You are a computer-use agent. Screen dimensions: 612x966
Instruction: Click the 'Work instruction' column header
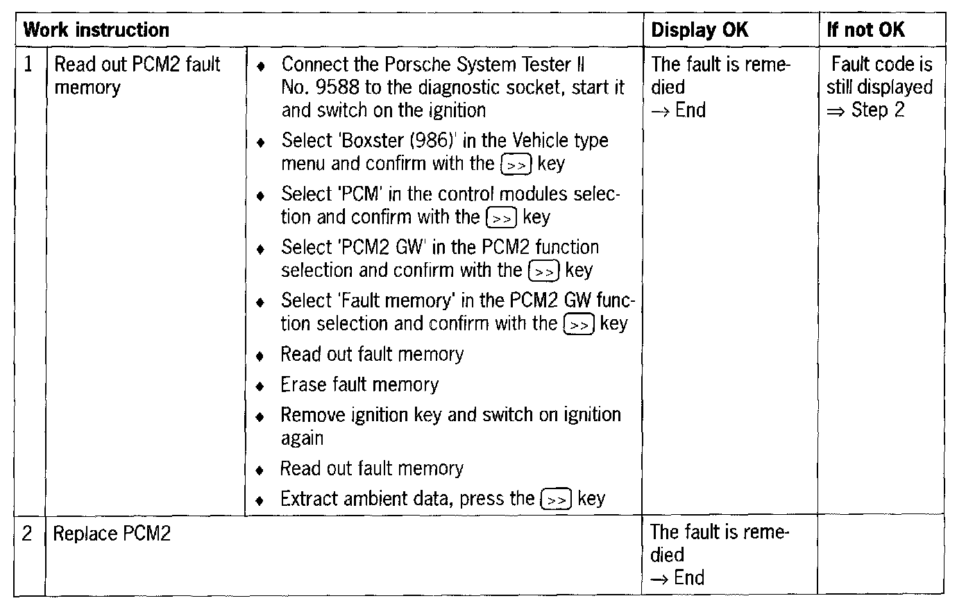(x=96, y=30)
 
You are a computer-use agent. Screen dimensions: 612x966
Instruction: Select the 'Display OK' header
(x=700, y=30)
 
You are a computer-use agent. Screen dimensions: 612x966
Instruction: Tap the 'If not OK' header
(x=865, y=30)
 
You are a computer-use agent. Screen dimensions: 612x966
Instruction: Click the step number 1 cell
(x=28, y=65)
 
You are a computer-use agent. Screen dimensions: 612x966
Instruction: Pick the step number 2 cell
(x=28, y=534)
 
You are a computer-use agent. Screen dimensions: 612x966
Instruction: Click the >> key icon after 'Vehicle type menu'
(x=516, y=164)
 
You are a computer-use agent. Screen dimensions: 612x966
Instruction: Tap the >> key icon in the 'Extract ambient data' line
(x=556, y=499)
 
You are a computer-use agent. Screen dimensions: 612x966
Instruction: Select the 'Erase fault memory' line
(x=359, y=384)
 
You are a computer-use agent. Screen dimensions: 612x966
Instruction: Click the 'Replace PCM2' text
(x=112, y=534)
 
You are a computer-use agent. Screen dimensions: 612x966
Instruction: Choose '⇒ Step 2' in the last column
(x=866, y=110)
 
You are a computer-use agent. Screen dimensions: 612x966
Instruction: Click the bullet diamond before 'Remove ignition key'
(x=260, y=417)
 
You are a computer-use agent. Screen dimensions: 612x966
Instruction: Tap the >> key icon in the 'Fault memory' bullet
(x=579, y=324)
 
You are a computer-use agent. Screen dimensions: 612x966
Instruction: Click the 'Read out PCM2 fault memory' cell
(x=137, y=76)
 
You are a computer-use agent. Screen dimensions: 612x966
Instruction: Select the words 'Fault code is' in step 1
(x=881, y=65)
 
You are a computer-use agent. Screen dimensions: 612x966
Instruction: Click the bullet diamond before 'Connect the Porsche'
(x=260, y=67)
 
